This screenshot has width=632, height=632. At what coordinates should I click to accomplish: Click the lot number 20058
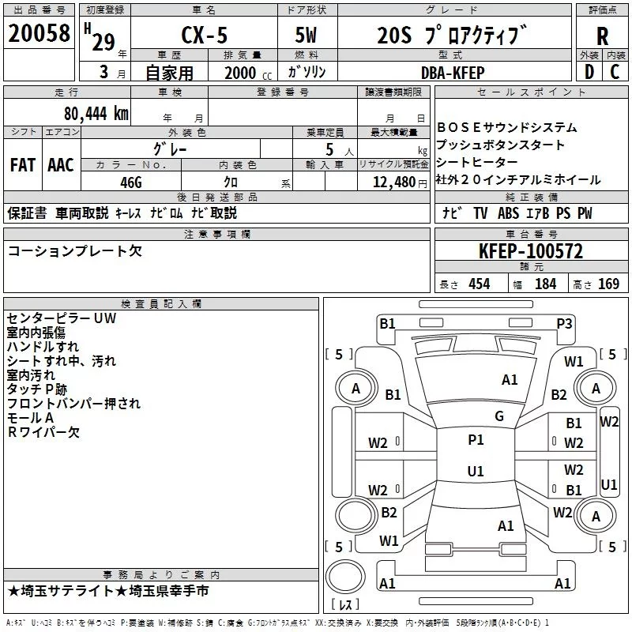[37, 33]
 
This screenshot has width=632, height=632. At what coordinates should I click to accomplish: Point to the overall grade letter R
[602, 36]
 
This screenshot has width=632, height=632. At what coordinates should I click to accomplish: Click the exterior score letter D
[589, 72]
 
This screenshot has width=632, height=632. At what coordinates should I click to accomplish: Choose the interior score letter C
[615, 72]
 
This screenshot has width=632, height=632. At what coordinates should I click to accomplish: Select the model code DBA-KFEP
[452, 73]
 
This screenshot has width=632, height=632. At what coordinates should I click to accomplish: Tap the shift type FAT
[22, 165]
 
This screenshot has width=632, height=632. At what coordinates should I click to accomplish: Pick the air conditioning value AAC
[60, 165]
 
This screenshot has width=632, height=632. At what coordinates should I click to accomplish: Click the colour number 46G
[131, 182]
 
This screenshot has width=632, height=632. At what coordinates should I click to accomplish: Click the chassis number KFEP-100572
[531, 251]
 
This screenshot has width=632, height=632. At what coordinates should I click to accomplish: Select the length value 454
[479, 284]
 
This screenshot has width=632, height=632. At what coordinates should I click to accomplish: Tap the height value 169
[608, 284]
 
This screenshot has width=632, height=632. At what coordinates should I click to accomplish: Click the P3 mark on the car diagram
[564, 322]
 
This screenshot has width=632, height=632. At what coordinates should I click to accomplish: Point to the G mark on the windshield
[498, 416]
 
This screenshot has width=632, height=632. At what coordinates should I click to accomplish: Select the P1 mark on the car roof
[476, 439]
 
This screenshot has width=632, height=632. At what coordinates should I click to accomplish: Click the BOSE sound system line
[506, 127]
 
